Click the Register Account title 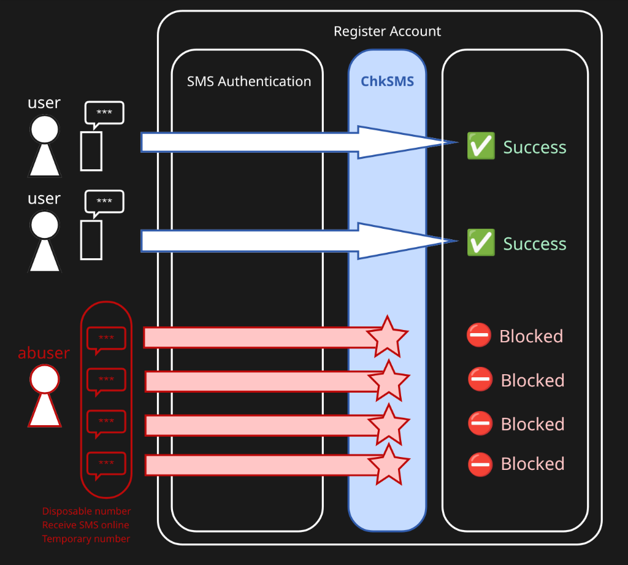tap(387, 31)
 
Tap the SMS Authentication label tap(248, 81)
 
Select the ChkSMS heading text tap(387, 81)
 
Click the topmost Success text tap(534, 147)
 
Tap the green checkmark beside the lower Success tap(481, 243)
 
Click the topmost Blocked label tap(530, 336)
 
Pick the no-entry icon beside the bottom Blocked tap(480, 464)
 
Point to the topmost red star tap(387, 337)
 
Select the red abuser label tap(44, 353)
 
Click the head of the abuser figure tap(45, 380)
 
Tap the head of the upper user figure tap(45, 129)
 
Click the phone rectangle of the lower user tap(91, 240)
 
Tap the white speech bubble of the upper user tap(104, 113)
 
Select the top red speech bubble tap(106, 339)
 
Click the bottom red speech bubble tap(106, 464)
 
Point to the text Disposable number tap(86, 511)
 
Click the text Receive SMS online tap(86, 525)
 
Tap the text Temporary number tap(86, 539)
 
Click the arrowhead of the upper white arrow tap(405, 142)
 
